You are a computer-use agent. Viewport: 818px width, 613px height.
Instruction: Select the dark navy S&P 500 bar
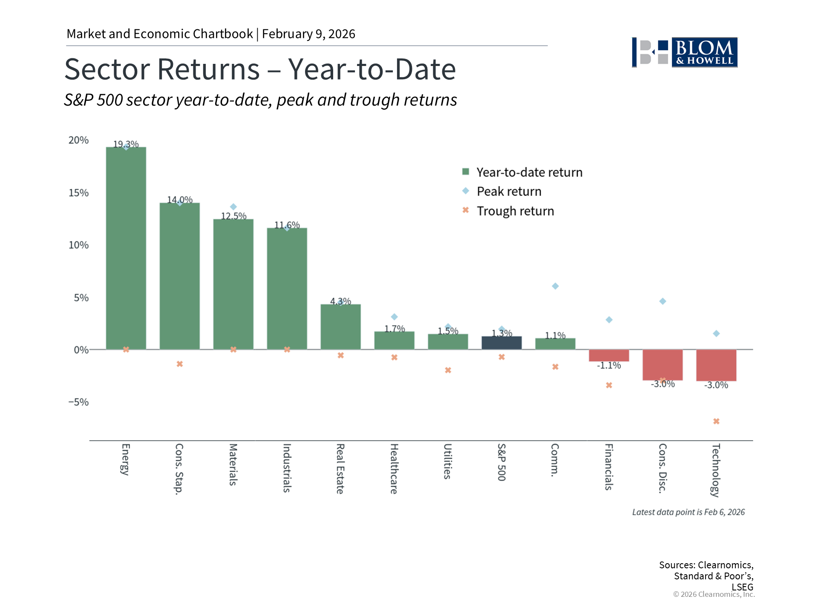tap(501, 343)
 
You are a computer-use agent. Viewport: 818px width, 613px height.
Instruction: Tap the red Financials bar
tap(609, 355)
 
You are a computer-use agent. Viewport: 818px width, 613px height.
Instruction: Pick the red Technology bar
tap(716, 365)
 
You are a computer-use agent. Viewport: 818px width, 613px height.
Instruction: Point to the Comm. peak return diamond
tap(555, 286)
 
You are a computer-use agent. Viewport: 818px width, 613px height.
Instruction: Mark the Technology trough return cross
tap(716, 421)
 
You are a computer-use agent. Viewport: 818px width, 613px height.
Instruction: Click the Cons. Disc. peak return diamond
tap(662, 301)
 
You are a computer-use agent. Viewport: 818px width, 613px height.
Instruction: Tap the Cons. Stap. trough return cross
tap(180, 364)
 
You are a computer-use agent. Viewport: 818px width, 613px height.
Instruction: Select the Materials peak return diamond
tap(233, 207)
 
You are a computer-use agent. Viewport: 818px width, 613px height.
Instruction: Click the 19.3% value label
tap(126, 144)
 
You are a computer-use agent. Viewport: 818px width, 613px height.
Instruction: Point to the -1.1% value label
tap(609, 365)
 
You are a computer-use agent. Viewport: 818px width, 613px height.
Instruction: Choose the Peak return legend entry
tap(509, 192)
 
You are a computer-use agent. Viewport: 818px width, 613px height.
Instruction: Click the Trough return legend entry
tap(515, 211)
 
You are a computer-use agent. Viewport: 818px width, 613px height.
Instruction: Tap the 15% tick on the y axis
tap(78, 193)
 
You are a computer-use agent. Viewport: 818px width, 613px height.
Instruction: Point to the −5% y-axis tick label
tap(78, 402)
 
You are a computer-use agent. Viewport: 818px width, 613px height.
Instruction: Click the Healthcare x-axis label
tap(394, 469)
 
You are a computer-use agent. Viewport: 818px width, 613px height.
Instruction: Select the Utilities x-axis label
tap(447, 461)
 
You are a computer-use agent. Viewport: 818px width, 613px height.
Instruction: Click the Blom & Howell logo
tap(684, 52)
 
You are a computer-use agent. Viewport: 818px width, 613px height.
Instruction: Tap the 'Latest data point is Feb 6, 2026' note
tap(688, 512)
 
